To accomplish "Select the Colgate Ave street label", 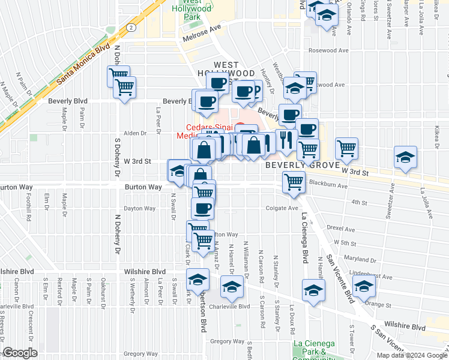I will tap(282, 208).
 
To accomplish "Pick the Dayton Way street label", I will tap(139, 209).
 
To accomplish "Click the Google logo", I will tap(20, 353).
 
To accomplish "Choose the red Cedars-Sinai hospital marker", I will tap(240, 127).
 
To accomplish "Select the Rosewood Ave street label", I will tap(329, 50).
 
